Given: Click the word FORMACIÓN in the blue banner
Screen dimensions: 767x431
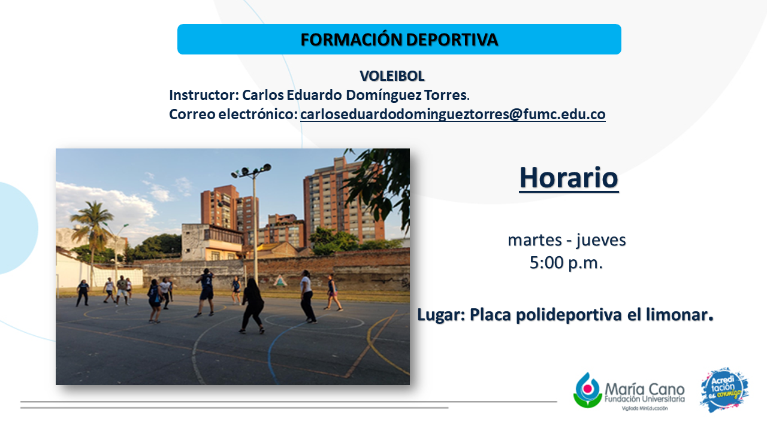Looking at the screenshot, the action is pos(351,40).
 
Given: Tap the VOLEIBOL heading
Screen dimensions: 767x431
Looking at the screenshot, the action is pos(392,76).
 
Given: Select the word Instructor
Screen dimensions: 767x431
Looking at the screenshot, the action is pos(204,95).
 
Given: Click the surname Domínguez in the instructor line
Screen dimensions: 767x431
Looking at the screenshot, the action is pos(383,95).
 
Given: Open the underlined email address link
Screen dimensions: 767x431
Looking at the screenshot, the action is pos(452,114).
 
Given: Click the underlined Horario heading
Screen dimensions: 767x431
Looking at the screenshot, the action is pos(569,178).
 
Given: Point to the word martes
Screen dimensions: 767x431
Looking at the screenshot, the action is pos(535,240).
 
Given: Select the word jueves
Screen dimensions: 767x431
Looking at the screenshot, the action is pos(601,241).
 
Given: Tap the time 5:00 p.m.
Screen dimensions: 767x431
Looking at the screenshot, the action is pos(566,263).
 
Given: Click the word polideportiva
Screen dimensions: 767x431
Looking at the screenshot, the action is pos(569,315).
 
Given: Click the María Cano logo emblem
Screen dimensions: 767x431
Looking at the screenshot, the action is pos(588,390).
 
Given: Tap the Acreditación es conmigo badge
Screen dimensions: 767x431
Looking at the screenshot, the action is pos(724,390).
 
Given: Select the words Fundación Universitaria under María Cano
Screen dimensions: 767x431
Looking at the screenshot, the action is pos(644,399).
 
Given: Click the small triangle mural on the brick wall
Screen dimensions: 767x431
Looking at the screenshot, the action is pos(280,281).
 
